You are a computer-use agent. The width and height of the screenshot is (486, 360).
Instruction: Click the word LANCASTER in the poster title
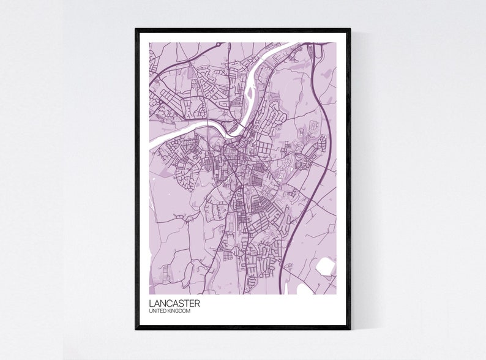(x=174, y=303)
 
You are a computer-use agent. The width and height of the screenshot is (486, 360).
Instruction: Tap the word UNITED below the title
(x=159, y=312)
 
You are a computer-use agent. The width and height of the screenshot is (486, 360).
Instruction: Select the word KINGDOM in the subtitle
(x=181, y=312)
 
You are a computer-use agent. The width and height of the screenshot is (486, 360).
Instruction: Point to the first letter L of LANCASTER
(x=151, y=303)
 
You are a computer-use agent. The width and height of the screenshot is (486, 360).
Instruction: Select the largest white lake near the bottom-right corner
(x=325, y=266)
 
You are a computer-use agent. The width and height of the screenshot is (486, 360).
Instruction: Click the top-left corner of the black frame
(x=136, y=29)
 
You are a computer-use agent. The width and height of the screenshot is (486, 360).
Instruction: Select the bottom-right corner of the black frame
(x=350, y=328)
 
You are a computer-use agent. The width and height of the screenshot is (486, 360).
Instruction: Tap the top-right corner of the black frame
(x=350, y=29)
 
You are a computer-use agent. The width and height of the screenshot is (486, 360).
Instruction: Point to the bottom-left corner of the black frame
(x=136, y=328)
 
